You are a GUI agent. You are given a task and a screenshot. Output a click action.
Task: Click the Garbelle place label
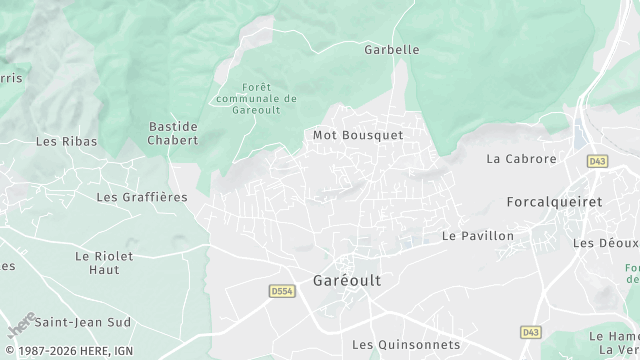391,48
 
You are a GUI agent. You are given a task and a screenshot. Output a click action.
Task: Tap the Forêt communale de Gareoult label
256,99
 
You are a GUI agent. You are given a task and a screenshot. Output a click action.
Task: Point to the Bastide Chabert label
173,133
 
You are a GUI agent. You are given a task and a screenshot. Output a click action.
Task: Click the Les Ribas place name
67,142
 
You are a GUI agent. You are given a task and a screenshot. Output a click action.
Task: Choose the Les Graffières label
142,197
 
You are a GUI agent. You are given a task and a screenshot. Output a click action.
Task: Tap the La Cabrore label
521,159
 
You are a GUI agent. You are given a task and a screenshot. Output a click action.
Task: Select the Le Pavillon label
478,236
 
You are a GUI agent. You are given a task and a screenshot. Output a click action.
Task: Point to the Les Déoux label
605,243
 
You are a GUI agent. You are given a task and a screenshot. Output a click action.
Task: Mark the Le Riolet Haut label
104,263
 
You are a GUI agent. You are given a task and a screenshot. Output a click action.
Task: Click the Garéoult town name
347,281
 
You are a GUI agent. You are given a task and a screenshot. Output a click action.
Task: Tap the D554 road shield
281,291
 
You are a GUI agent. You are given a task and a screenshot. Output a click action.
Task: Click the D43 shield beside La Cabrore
597,160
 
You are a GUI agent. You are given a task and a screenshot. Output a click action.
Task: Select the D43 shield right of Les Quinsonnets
530,331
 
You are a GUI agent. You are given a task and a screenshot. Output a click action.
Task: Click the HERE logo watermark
21,326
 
